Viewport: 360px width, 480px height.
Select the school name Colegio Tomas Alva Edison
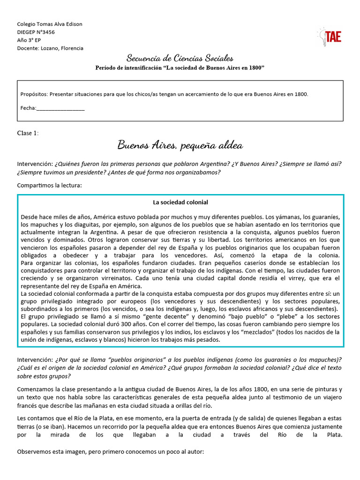point(49,24)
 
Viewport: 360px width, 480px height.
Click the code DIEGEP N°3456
point(36,32)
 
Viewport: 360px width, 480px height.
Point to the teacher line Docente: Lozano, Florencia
point(50,48)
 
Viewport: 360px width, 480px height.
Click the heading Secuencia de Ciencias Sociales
point(180,58)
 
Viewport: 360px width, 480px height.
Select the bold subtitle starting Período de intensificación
point(180,68)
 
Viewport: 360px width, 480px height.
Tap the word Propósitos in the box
point(34,94)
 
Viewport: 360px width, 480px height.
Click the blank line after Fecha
point(60,108)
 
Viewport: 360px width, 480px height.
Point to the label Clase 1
point(28,133)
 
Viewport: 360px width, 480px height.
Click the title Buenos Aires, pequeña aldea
point(180,146)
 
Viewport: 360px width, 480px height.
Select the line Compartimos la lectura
point(49,185)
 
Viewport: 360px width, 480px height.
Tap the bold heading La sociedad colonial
point(180,202)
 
